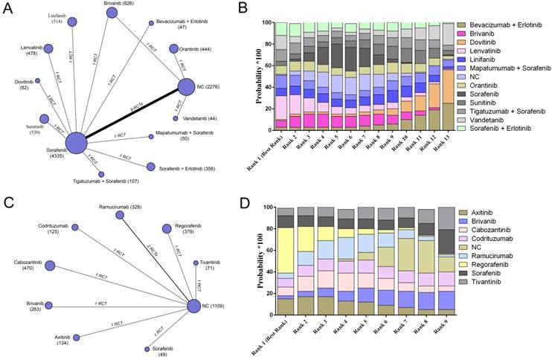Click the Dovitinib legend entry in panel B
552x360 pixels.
[492, 45]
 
